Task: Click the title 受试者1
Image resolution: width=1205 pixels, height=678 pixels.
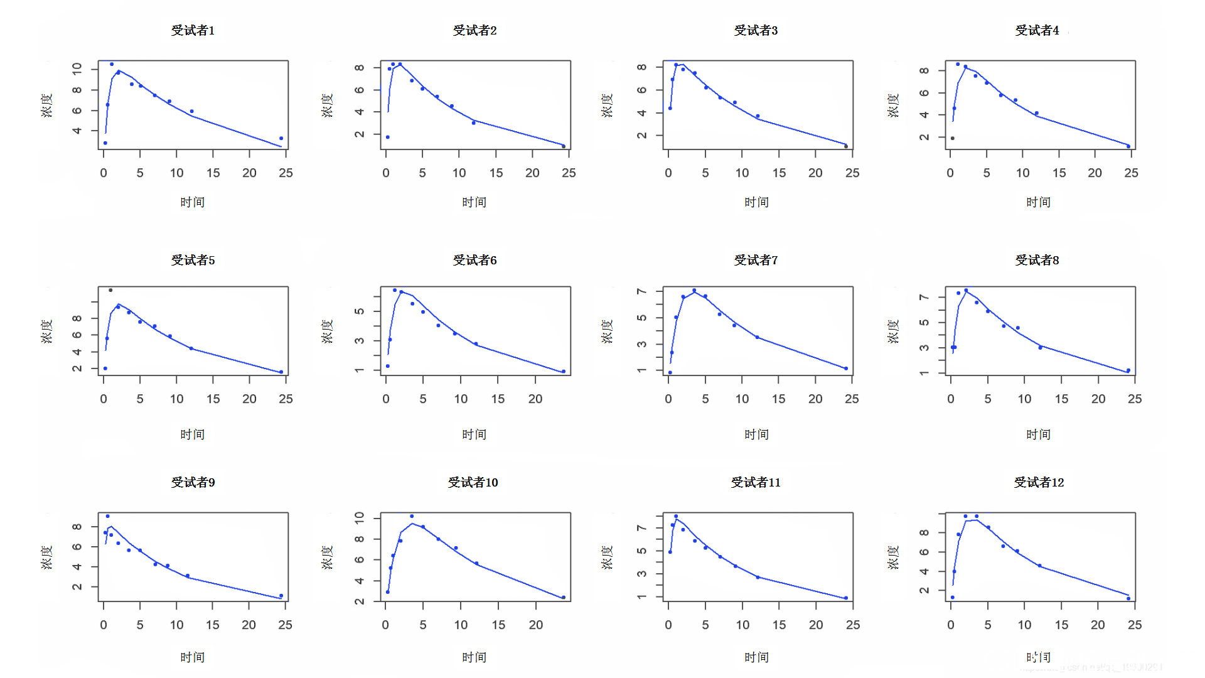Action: tap(193, 30)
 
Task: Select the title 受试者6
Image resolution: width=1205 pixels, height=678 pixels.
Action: tap(474, 260)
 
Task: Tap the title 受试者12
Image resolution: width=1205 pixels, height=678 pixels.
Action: tap(1039, 482)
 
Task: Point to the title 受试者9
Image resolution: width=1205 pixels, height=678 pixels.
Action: tap(193, 482)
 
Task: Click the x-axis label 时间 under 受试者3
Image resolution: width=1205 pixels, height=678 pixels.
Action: tap(756, 202)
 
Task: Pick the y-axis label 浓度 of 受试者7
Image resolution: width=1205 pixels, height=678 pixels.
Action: tap(607, 331)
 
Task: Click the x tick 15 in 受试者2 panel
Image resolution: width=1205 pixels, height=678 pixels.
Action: tap(496, 173)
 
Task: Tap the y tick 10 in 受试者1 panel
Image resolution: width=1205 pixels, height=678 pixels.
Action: tap(77, 68)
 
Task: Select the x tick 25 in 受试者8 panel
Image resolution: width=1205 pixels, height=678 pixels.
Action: tap(1135, 399)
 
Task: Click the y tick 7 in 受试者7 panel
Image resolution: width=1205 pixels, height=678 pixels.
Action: tap(641, 291)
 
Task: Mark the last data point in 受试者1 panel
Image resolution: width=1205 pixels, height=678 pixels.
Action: tap(281, 138)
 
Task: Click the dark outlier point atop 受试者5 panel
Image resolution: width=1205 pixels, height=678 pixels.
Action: tap(110, 290)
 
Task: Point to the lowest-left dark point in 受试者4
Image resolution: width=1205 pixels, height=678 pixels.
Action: tap(952, 138)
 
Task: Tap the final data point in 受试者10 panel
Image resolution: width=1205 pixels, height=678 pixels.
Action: tap(564, 598)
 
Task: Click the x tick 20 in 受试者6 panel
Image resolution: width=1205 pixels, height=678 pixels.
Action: tap(535, 399)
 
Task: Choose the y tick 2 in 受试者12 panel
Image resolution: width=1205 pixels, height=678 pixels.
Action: tap(924, 591)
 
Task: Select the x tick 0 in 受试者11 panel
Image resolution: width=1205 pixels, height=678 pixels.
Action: tap(668, 625)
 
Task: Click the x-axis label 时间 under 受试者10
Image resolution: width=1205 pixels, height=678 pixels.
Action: tap(474, 657)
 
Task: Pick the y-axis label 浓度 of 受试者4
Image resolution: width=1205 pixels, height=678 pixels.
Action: tap(893, 105)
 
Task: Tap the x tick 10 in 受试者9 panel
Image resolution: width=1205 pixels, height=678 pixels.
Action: tap(176, 625)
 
